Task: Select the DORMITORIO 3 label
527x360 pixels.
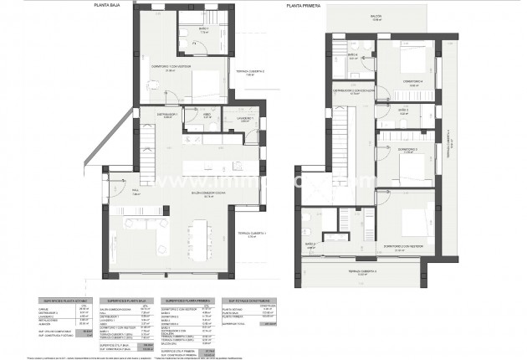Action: click(x=408, y=150)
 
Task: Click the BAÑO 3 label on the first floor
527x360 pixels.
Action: click(x=402, y=109)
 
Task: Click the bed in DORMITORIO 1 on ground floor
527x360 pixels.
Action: click(x=201, y=84)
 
